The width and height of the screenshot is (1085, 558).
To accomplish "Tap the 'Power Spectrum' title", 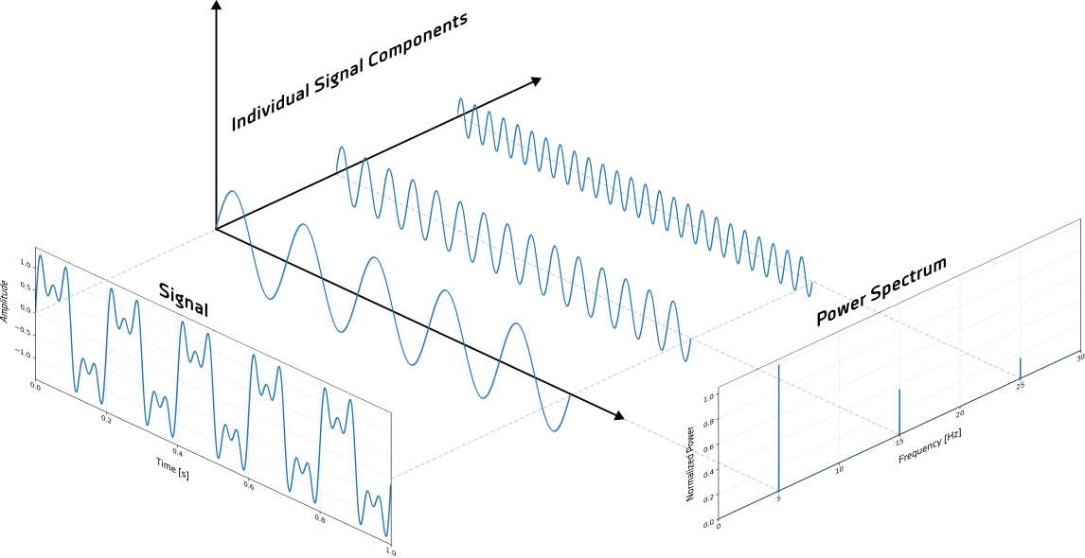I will [x=880, y=292].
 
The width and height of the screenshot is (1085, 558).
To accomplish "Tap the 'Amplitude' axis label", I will [x=6, y=301].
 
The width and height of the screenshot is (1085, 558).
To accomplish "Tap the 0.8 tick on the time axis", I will [x=319, y=519].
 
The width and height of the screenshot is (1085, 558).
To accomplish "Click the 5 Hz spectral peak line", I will [x=778, y=426].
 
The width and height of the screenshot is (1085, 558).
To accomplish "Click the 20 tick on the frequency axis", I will [x=960, y=413].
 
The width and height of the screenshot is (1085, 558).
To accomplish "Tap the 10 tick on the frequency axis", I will [x=839, y=468].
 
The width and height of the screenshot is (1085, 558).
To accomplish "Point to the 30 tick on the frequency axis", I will [x=1080, y=357].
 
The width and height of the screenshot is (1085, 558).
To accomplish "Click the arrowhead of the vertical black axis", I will [x=217, y=7].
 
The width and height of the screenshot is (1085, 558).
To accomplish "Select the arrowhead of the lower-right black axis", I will [x=618, y=415].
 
